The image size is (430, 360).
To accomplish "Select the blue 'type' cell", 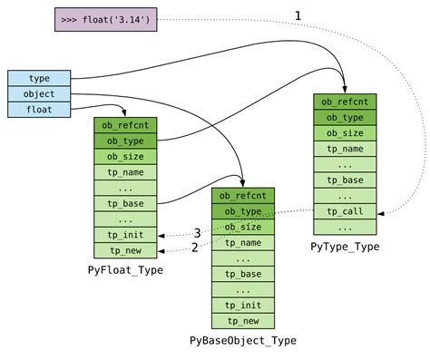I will [x=39, y=78].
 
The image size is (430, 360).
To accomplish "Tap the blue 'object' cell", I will [x=39, y=93].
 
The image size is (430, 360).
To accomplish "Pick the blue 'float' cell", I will [x=39, y=110].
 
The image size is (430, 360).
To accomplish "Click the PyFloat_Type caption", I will [x=126, y=270].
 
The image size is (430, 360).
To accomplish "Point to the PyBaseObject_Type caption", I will [x=243, y=341].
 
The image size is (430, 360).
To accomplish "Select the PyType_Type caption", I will [x=345, y=246].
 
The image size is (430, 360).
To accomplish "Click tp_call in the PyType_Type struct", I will [x=345, y=211].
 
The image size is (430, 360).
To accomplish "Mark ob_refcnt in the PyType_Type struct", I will [x=345, y=102].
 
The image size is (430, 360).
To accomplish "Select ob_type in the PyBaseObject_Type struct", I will [x=243, y=211].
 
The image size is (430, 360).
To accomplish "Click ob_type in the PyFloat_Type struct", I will [x=126, y=141].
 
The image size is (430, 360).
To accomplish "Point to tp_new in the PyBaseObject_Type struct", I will [x=243, y=321].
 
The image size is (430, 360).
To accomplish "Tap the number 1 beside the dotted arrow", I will [x=298, y=15].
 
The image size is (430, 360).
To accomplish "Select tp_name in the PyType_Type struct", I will [x=345, y=149].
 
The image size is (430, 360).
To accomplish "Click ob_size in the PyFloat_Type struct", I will [x=126, y=156].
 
